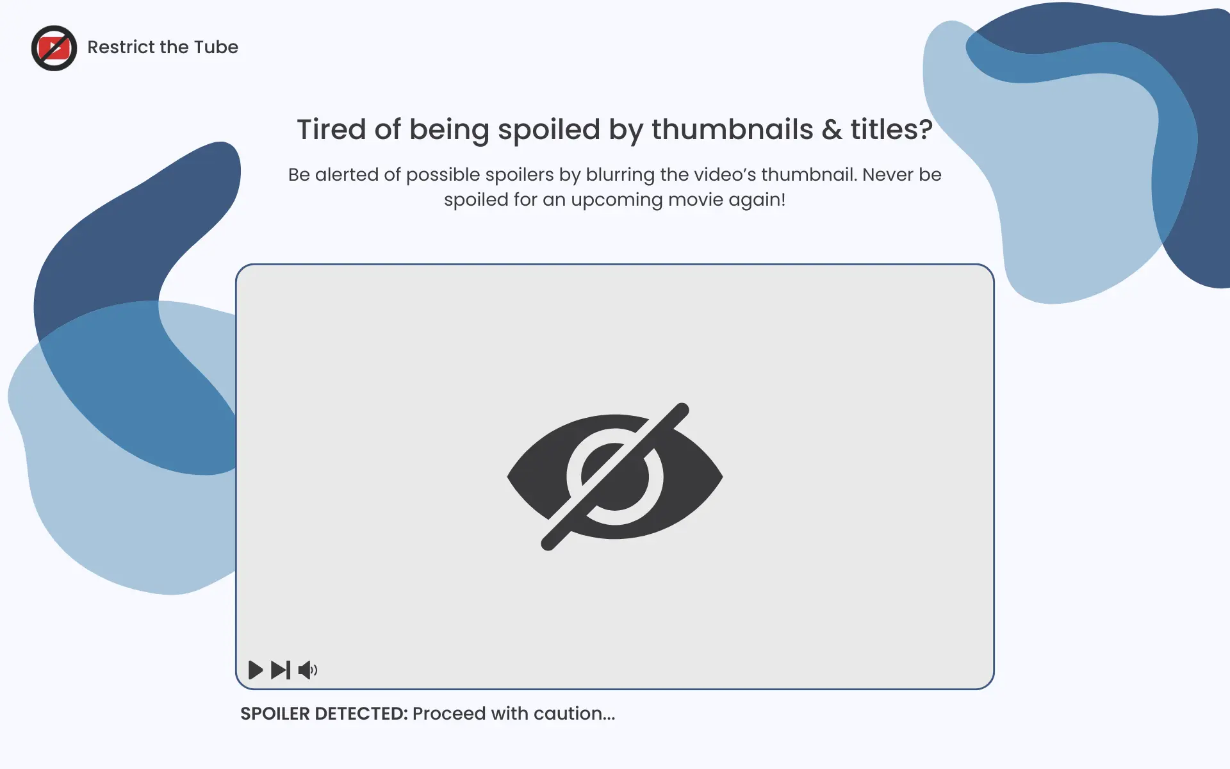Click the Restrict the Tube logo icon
(54, 48)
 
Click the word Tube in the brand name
(216, 47)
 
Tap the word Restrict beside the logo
(121, 47)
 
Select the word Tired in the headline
(331, 129)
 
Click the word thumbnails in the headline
(732, 129)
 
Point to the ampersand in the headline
(832, 129)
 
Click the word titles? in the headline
(891, 129)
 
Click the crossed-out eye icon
(615, 476)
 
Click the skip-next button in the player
(281, 670)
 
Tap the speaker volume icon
(307, 670)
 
